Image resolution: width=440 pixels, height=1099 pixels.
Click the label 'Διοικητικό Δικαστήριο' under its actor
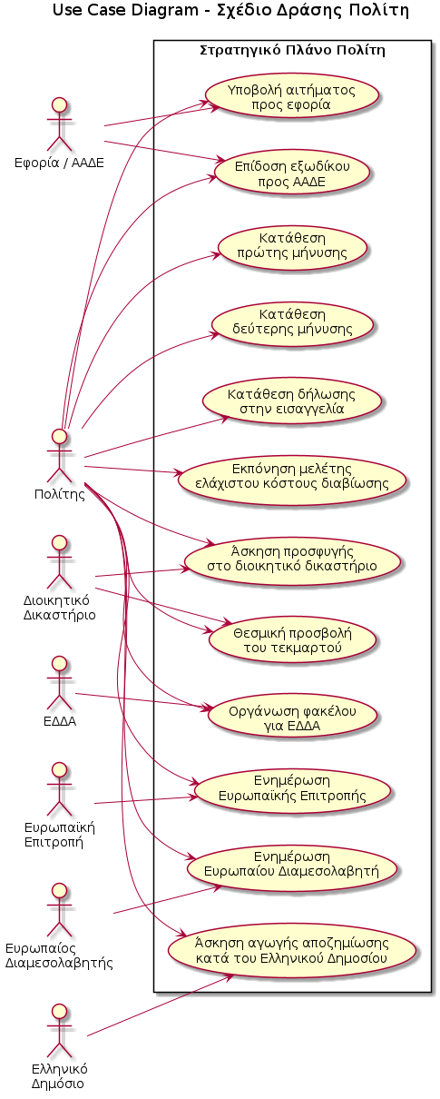click(x=59, y=607)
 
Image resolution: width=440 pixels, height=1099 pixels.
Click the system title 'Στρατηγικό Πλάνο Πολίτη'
click(x=292, y=50)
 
